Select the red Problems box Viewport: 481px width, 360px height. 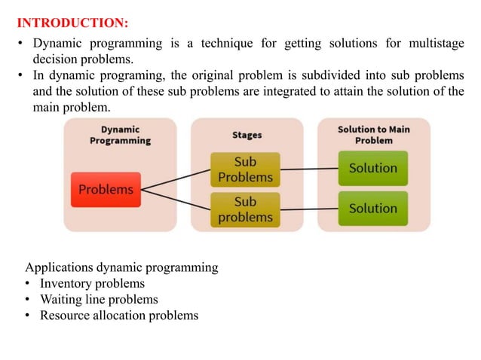[106, 190]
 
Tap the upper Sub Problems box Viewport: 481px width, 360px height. [245, 169]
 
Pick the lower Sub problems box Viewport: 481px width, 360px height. [245, 209]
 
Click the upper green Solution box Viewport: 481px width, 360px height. [372, 169]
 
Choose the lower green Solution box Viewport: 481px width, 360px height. [372, 208]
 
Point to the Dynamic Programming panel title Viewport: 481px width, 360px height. [120, 135]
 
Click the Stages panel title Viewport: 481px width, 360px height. [247, 136]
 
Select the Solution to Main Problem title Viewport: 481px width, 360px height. [373, 135]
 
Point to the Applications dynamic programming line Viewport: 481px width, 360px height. [121, 267]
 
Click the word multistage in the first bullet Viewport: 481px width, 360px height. [430, 43]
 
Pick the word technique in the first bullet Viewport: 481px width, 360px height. [222, 43]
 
